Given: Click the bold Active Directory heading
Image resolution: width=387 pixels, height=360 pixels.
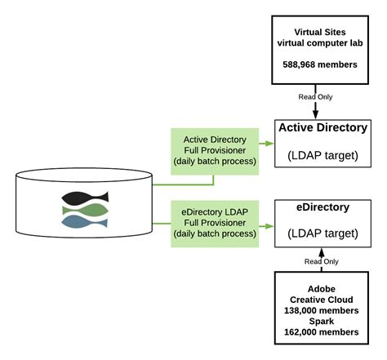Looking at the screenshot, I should (322, 128).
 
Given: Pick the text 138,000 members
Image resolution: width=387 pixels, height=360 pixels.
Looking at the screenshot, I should (322, 311).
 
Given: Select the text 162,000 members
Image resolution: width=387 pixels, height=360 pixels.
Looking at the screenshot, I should (322, 332).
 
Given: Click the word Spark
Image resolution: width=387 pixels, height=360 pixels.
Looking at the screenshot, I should (322, 322).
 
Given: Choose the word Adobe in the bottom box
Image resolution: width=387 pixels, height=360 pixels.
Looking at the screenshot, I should (322, 290).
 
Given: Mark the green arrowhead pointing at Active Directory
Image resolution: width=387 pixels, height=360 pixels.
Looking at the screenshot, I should (269, 144).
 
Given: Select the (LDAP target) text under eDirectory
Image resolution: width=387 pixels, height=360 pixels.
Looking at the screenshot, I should (322, 233).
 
